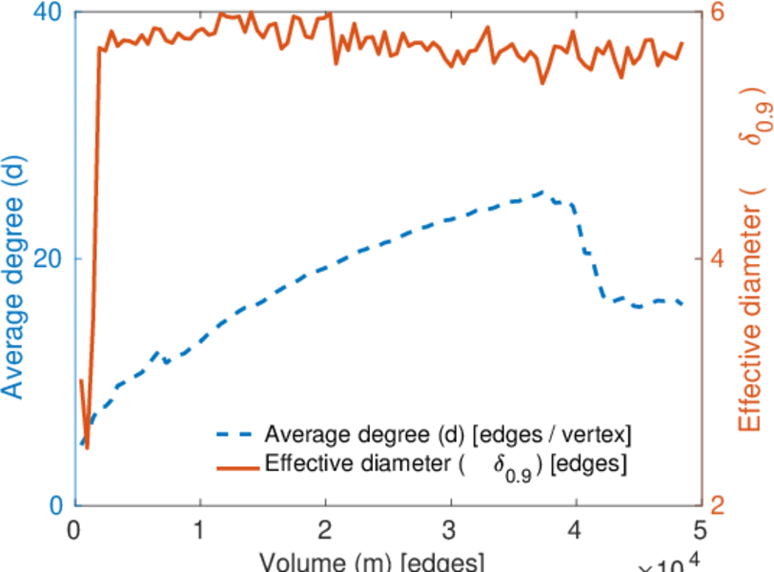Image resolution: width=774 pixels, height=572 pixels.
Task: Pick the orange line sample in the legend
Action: pyautogui.click(x=234, y=466)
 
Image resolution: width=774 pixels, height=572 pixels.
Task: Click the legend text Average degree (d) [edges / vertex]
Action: pyautogui.click(x=448, y=435)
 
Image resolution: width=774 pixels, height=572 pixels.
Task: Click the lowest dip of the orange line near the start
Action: pyautogui.click(x=87, y=447)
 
